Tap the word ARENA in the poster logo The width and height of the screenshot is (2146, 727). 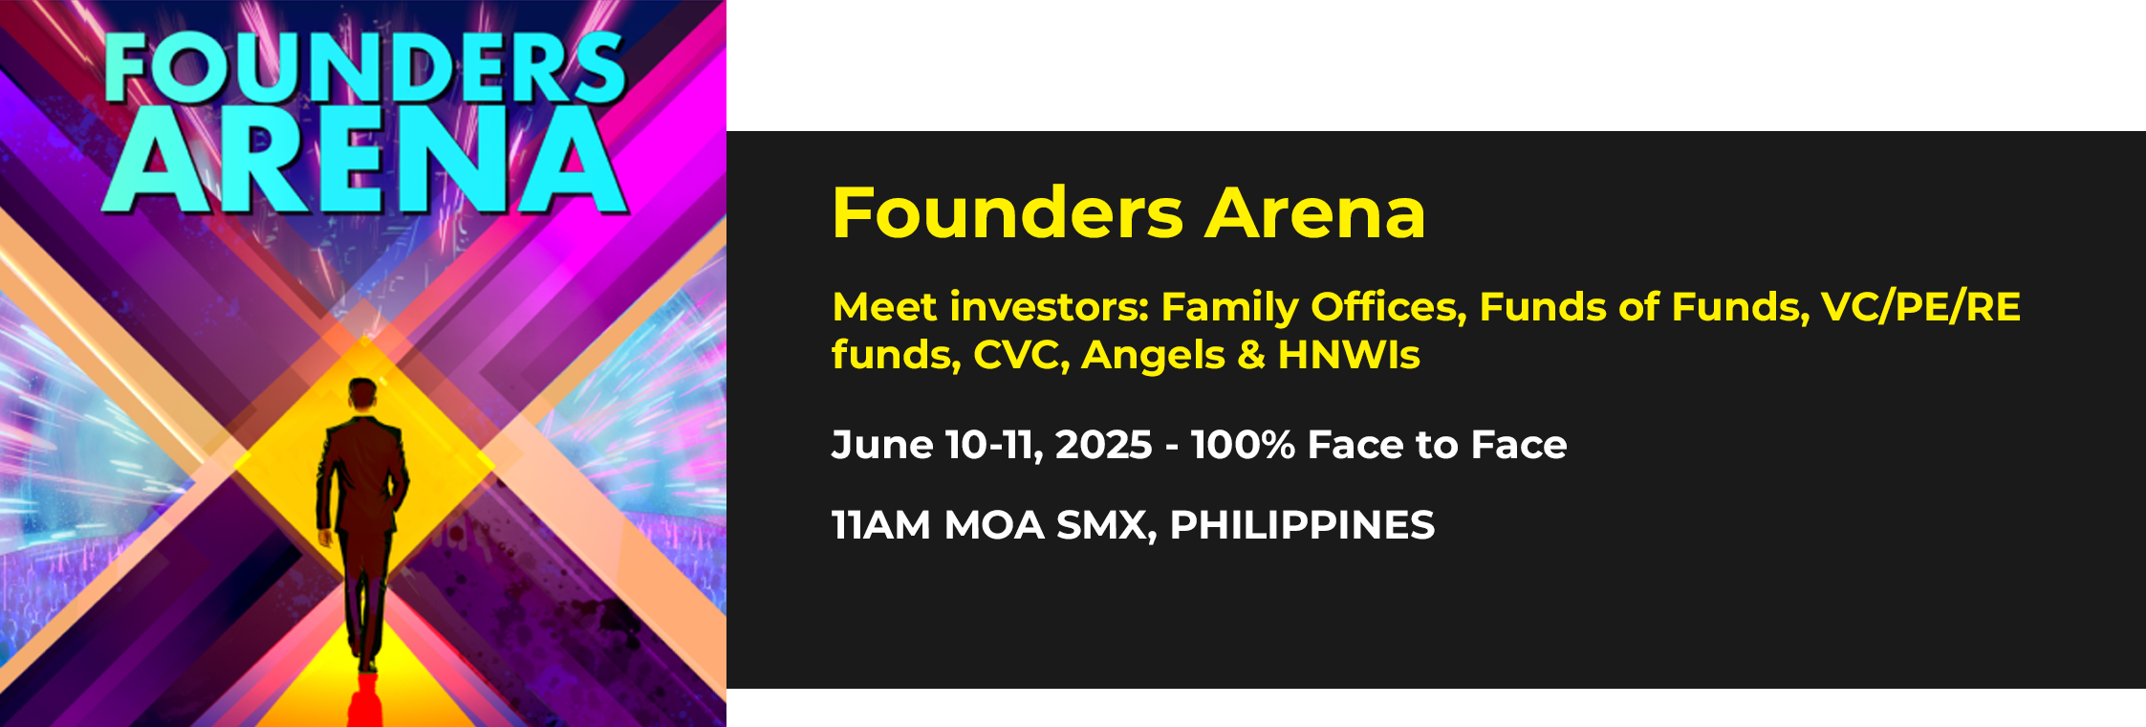pyautogui.click(x=368, y=160)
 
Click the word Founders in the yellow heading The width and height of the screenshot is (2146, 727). pyautogui.click(x=1008, y=212)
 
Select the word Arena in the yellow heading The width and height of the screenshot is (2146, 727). pyautogui.click(x=1315, y=212)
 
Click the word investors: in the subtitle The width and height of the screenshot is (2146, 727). pyautogui.click(x=1049, y=307)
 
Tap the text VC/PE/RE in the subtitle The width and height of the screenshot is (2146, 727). pyautogui.click(x=1920, y=307)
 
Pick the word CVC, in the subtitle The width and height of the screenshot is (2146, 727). pyautogui.click(x=1021, y=355)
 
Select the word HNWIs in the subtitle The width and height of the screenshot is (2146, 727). pyautogui.click(x=1349, y=355)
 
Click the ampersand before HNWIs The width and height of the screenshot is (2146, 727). pyautogui.click(x=1250, y=355)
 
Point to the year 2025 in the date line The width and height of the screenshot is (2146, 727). pyautogui.click(x=1103, y=445)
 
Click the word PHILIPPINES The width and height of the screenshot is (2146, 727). pyautogui.click(x=1302, y=525)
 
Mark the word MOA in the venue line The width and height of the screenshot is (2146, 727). pyautogui.click(x=994, y=525)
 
